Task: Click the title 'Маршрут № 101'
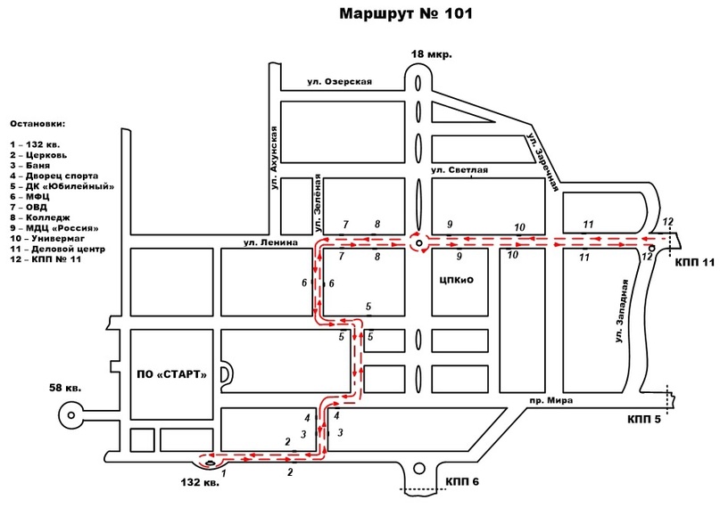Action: [405, 13]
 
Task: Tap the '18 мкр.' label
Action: [431, 54]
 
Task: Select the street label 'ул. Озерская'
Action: [339, 82]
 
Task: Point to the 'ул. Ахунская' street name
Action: [274, 158]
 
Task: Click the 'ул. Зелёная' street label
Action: [317, 202]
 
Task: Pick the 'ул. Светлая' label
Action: [459, 170]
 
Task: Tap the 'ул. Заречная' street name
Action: [542, 162]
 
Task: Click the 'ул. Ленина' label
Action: [270, 242]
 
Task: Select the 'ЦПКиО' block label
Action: [456, 280]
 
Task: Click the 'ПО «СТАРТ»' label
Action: [171, 374]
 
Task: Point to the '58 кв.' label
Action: [65, 388]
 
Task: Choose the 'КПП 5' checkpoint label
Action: [644, 419]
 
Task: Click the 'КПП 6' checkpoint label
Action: [462, 481]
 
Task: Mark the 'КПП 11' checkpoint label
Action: [695, 262]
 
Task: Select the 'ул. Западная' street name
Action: [621, 311]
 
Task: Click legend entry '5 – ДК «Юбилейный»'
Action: [62, 186]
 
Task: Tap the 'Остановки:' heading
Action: [37, 124]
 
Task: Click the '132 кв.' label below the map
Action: [200, 482]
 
